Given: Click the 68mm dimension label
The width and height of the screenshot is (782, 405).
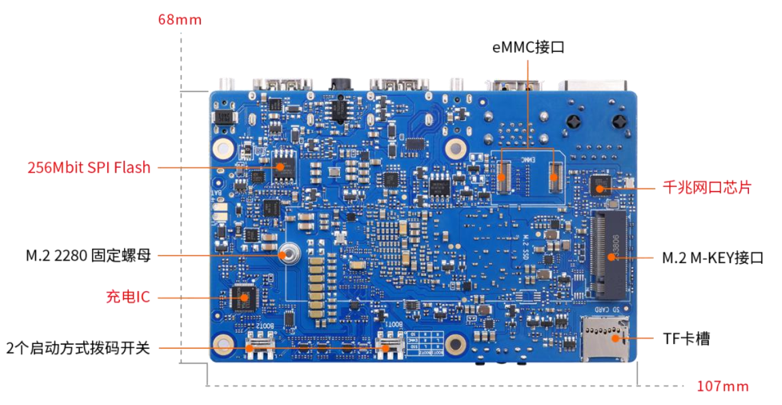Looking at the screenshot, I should (x=180, y=20).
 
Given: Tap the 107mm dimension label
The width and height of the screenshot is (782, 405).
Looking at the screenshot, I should (x=722, y=387).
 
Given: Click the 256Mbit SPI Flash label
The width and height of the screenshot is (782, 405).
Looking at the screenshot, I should (x=89, y=168).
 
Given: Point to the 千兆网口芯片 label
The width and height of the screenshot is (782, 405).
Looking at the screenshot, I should (x=706, y=188).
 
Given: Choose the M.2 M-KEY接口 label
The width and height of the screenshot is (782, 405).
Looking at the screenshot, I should (x=712, y=258).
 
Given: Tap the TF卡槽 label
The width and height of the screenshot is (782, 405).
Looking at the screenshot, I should (x=686, y=339).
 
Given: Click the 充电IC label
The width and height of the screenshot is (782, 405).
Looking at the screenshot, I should (x=128, y=297).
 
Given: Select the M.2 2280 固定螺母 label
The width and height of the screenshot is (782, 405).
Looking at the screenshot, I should (x=88, y=256).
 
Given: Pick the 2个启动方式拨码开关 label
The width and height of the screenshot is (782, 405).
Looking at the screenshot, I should (x=78, y=348).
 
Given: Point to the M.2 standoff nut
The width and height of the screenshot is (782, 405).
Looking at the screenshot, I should (x=290, y=255).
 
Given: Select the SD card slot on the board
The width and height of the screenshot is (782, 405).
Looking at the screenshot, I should (x=605, y=338).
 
